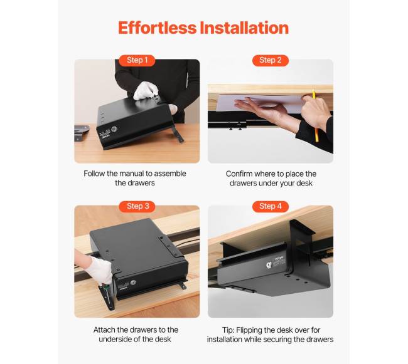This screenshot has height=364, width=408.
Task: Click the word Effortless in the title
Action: click(x=157, y=28)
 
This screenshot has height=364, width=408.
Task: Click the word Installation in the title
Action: click(x=244, y=28)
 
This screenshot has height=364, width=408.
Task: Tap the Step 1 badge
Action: click(x=137, y=60)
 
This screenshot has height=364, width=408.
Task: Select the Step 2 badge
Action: click(x=271, y=60)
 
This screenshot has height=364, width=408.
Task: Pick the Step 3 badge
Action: click(x=137, y=206)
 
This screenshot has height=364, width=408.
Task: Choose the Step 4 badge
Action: click(x=271, y=206)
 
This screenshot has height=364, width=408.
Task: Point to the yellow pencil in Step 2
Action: click(x=315, y=116)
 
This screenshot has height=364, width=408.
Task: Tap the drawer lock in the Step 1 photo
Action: click(x=114, y=129)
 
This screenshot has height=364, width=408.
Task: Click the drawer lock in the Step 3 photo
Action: click(x=133, y=283)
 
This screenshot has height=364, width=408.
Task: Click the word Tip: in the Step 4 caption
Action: click(x=228, y=330)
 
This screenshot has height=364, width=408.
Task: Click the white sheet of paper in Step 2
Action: click(x=260, y=104)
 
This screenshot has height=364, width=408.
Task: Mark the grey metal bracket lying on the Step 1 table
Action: click(x=82, y=133)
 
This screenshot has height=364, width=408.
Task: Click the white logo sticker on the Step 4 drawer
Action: click(x=269, y=265)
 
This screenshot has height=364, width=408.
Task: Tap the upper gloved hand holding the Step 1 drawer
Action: click(x=146, y=90)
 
